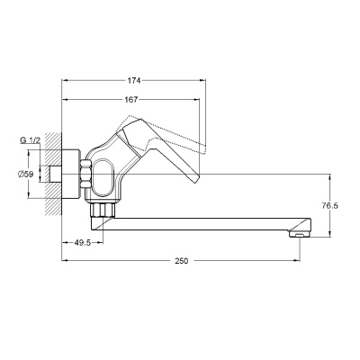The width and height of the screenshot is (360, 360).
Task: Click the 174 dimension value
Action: tap(134, 80)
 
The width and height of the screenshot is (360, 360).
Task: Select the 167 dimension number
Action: tap(130, 99)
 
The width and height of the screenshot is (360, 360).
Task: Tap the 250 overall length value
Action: tap(182, 261)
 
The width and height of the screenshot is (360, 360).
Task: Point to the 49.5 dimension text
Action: tap(82, 243)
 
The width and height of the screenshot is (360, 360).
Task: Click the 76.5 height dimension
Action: tap(330, 205)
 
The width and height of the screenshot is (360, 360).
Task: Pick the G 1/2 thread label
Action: tap(30, 140)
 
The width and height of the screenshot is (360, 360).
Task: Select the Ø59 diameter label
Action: tap(25, 174)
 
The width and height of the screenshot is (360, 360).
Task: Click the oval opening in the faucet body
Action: tap(103, 178)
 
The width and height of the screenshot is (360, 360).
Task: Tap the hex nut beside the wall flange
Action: tap(85, 175)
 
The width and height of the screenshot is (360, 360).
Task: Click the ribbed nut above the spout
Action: tap(103, 210)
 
